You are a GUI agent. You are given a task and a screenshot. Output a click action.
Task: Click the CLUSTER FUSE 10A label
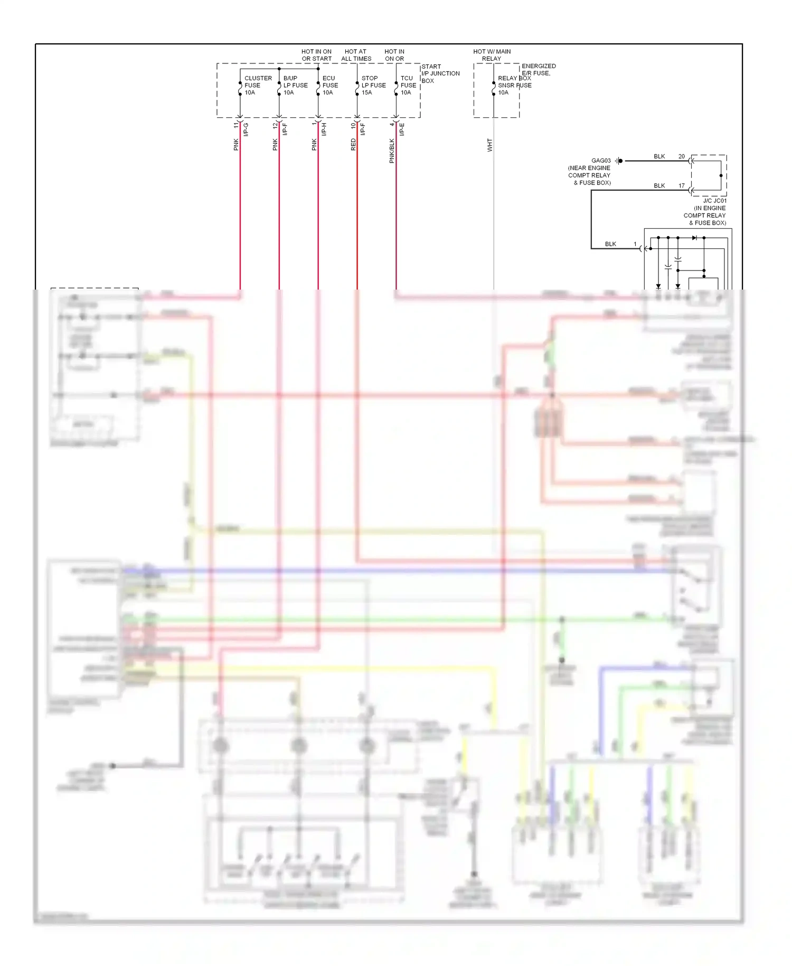coord(257,85)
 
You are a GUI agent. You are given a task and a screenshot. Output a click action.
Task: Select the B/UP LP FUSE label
coord(295,85)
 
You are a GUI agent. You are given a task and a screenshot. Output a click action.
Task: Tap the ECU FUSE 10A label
coord(330,85)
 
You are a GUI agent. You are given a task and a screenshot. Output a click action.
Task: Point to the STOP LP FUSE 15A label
coord(373,85)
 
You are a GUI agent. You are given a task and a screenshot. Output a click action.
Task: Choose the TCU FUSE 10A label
coord(408,85)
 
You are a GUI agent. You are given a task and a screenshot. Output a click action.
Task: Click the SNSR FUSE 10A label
coord(514,86)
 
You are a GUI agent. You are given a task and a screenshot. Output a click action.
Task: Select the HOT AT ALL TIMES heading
coord(356,55)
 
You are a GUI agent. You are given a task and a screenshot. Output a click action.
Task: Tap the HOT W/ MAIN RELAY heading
coord(492,55)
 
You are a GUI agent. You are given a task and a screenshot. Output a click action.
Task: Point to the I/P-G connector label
coord(246,129)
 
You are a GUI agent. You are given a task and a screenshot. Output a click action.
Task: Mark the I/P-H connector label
coord(324,129)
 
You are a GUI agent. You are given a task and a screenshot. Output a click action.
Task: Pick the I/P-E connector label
coord(402,129)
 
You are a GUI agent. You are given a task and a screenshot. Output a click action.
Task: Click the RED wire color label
coord(353,145)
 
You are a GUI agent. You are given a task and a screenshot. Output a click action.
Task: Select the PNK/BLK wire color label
coord(392,151)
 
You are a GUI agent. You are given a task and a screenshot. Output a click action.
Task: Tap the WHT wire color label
coord(489,145)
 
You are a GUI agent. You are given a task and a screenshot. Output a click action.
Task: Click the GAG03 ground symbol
coord(619,161)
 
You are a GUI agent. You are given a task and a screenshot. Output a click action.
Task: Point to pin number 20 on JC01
coord(681,156)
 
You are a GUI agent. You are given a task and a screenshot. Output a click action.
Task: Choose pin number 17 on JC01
coord(681,185)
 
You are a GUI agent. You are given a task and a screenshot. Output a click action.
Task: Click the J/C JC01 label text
coord(714,201)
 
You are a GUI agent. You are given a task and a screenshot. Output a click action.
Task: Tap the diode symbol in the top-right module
coord(694,238)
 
